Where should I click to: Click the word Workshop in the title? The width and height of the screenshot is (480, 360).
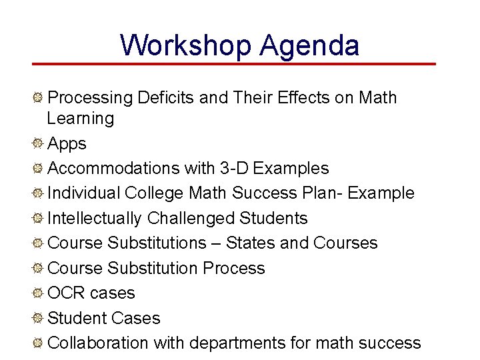click(185, 45)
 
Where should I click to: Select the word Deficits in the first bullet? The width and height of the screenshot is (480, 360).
click(166, 98)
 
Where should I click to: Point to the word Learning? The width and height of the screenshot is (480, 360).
click(80, 119)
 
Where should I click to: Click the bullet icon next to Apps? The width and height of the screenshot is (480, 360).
click(39, 144)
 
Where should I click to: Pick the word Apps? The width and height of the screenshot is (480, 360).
click(67, 144)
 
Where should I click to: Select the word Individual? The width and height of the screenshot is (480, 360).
click(84, 193)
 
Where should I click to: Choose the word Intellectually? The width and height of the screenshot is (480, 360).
click(95, 219)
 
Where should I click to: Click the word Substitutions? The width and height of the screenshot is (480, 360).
click(157, 243)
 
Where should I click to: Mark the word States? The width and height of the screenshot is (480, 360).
click(251, 243)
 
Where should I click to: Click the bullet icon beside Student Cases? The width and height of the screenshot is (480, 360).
click(39, 319)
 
